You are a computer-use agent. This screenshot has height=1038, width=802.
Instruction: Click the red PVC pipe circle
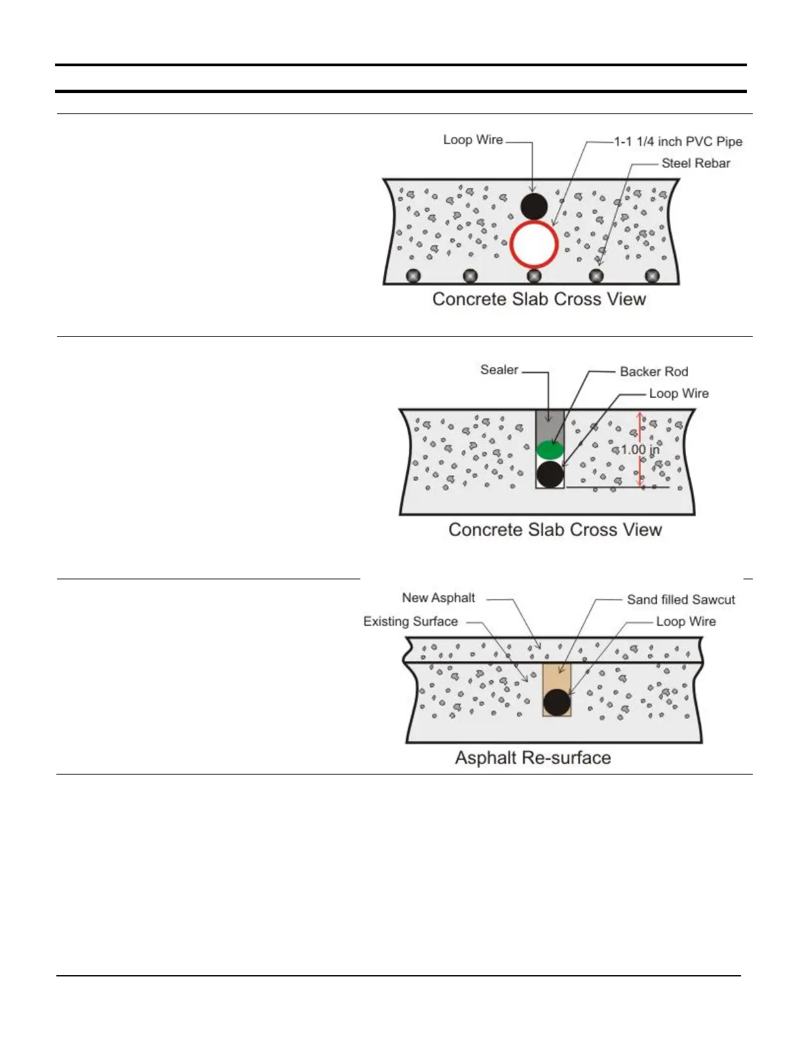click(534, 244)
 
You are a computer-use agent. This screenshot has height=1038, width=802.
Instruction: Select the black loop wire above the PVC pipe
click(534, 206)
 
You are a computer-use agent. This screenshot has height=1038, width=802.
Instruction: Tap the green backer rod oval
click(550, 450)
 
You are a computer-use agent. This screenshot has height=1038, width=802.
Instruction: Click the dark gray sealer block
click(550, 425)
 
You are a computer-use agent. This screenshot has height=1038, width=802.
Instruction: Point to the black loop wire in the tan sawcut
click(557, 702)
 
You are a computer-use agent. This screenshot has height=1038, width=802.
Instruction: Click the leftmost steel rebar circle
click(413, 276)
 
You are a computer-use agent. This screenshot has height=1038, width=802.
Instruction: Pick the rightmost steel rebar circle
click(652, 276)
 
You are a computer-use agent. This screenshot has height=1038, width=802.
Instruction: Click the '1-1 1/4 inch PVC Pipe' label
click(678, 142)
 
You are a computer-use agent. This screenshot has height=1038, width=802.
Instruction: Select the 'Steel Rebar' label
click(696, 163)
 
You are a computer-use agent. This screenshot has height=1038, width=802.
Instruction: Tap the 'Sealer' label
click(499, 370)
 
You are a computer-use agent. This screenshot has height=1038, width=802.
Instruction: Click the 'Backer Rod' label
click(654, 372)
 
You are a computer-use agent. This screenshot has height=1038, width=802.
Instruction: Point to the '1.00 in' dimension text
click(640, 450)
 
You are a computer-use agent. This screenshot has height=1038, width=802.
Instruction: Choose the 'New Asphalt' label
click(438, 598)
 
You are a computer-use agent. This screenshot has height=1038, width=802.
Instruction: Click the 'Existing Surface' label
click(411, 621)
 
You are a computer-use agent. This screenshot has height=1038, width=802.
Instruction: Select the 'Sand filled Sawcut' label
click(681, 600)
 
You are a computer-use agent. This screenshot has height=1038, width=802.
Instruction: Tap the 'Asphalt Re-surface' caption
click(533, 758)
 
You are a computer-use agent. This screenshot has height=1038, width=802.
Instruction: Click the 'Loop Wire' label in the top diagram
click(473, 140)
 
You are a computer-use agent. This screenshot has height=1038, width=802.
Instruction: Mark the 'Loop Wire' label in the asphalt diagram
click(686, 621)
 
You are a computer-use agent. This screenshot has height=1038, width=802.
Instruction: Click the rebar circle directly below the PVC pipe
click(534, 276)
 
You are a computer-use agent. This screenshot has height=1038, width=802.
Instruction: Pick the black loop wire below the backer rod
click(550, 474)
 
